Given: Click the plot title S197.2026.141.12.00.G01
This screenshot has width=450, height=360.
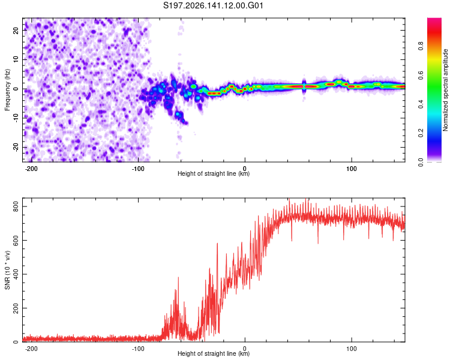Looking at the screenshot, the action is (x=213, y=5).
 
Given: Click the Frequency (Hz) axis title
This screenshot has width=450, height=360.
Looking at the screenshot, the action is (x=7, y=90).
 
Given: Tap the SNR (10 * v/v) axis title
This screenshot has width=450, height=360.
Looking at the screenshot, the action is (x=7, y=270).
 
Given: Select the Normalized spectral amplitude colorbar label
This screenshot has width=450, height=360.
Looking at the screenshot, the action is (x=445, y=90).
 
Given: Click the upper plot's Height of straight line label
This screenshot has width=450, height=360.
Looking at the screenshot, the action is (x=214, y=173).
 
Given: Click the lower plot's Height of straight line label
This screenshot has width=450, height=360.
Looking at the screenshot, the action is (x=214, y=353).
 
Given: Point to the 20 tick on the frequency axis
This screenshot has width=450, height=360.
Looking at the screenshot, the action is (x=16, y=30).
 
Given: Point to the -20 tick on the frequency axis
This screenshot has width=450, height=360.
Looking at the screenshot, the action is (x=16, y=147).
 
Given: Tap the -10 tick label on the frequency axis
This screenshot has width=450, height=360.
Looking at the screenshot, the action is (x=16, y=118).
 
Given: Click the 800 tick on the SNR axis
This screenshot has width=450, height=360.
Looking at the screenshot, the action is (x=16, y=206).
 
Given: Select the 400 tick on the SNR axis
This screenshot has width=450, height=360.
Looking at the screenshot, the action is (x=16, y=274).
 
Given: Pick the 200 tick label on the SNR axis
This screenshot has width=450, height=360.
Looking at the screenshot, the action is (x=16, y=308).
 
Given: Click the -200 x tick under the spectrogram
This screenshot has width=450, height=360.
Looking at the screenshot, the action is (x=31, y=169).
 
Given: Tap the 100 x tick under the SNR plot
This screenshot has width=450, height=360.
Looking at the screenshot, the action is (x=351, y=349).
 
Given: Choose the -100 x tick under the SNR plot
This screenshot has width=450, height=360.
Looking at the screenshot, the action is (x=138, y=349).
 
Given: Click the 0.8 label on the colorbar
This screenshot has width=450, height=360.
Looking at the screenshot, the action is (x=421, y=46).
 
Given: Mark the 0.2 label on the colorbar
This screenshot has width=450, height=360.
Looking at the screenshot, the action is (x=421, y=133).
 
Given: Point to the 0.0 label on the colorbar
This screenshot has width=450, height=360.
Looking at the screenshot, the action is (x=421, y=163).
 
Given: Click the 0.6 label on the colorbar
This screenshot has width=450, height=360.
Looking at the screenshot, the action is (x=421, y=75).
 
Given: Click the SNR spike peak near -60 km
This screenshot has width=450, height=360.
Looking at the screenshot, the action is (x=178, y=277).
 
